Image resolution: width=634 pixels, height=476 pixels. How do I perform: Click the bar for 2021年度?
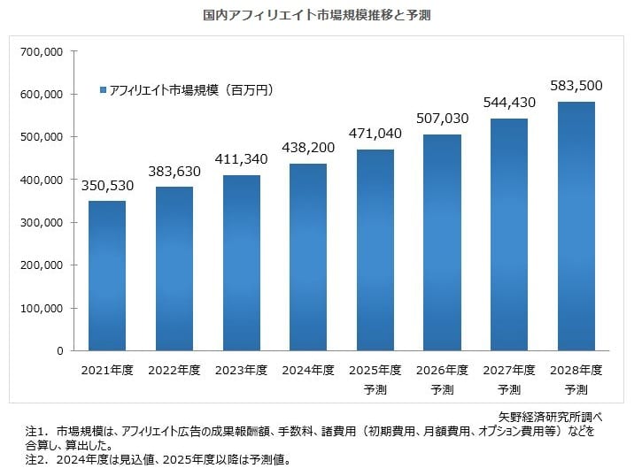107,276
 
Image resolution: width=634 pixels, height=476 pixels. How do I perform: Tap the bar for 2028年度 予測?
576,226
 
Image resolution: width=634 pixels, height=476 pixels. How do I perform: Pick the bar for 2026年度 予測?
443,242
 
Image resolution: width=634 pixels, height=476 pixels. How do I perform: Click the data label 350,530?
107,187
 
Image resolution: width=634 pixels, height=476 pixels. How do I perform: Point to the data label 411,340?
241,160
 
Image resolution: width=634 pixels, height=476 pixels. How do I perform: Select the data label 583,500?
576,86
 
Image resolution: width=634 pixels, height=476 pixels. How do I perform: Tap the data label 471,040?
375,134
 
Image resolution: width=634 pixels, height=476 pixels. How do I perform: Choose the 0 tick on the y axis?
59,351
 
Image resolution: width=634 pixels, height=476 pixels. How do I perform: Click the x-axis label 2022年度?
174,369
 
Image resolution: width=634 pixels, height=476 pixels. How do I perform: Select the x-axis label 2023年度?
241,369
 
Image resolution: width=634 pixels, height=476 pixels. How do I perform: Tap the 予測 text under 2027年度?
509,389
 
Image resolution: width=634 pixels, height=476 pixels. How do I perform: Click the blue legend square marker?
103,91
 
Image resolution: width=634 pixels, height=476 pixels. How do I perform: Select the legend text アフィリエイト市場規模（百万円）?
190,91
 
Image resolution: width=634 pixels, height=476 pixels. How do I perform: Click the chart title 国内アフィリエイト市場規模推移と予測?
317,16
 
